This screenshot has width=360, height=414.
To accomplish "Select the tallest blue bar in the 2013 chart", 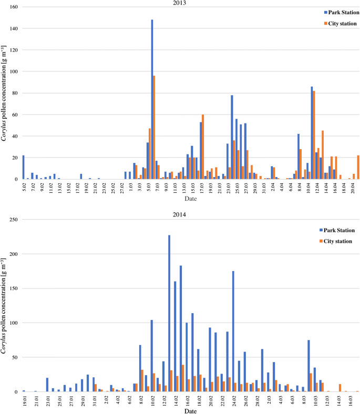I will point(152,99).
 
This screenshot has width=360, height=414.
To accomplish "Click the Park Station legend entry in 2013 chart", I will point(341,12).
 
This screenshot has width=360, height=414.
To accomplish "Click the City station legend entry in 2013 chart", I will point(341,23).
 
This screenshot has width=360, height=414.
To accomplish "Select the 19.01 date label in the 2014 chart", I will point(24,402).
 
